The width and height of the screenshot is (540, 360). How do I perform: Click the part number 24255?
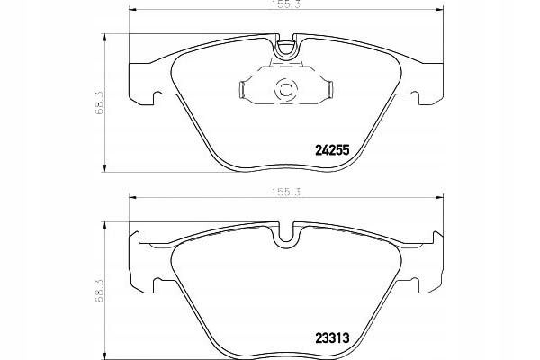click(333, 150)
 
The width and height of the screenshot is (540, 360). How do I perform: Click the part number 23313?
click(332, 337)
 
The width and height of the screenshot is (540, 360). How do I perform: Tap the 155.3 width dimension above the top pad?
click(286, 4)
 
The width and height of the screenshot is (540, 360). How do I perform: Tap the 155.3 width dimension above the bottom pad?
click(286, 192)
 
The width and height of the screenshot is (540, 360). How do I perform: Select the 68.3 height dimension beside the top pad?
click(100, 103)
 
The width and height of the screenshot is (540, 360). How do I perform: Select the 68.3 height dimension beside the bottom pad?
click(100, 291)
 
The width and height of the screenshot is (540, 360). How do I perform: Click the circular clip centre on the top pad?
click(285, 90)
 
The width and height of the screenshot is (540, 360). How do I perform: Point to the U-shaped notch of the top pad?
click(285, 46)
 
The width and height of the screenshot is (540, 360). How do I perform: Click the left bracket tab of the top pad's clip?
click(242, 90)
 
